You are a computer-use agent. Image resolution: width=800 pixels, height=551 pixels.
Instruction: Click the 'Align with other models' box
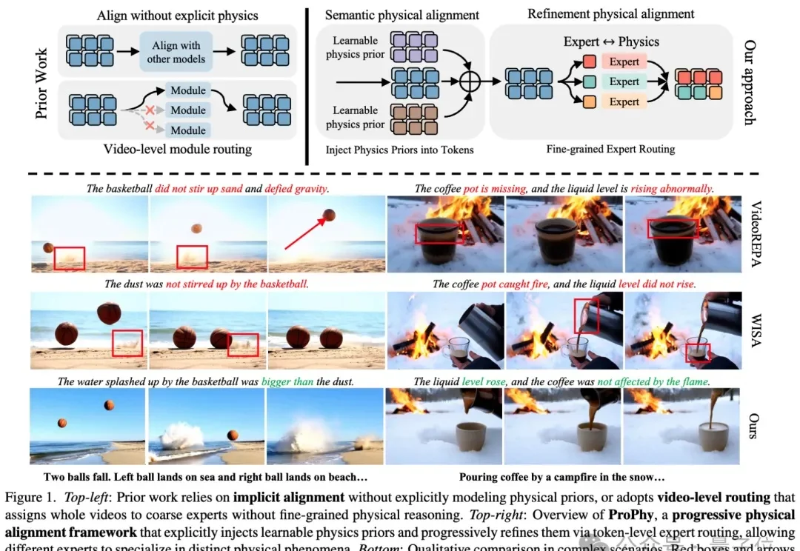coord(176,51)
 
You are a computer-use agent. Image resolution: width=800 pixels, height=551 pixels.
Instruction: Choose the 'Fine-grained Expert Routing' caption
coord(611,149)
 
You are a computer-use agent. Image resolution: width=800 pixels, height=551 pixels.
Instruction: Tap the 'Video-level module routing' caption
coord(177,150)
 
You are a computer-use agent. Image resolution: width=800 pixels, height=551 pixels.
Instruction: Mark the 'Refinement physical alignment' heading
coord(610,13)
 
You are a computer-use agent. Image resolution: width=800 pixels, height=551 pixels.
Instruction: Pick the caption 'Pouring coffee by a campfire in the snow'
coord(561,477)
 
